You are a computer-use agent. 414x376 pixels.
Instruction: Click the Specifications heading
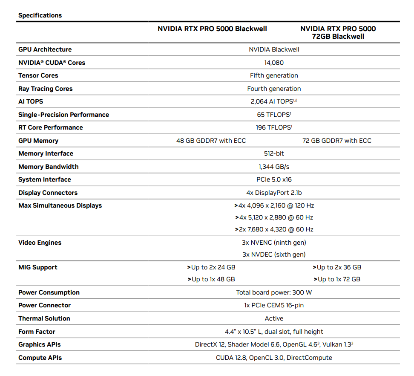coord(40,15)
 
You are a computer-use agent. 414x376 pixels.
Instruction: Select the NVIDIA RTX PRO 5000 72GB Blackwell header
coord(338,32)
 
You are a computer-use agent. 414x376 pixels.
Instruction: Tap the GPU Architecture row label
coord(45,49)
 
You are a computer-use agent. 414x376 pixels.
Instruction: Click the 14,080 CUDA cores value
coord(274,63)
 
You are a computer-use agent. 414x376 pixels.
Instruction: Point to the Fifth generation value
coord(274,75)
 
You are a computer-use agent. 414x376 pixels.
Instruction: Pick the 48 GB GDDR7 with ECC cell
coord(211,141)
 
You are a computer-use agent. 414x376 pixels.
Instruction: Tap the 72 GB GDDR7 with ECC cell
coord(337,141)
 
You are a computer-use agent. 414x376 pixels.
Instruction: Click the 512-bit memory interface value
coord(274,153)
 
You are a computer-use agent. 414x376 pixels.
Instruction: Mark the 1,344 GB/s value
coord(274,167)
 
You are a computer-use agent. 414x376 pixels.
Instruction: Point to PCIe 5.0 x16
coord(274,179)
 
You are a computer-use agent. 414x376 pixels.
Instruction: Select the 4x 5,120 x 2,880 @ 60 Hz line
coord(274,217)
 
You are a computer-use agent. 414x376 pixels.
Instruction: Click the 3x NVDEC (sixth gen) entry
coord(274,255)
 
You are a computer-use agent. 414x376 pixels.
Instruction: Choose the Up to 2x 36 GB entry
coord(337,267)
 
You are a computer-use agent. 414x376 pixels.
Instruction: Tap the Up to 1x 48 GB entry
coord(211,279)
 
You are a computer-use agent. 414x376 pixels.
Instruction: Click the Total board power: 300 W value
coord(274,292)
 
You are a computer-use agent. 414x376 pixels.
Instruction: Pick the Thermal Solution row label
coord(44,318)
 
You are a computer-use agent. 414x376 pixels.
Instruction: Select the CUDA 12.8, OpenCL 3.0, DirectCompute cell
coord(274,358)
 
